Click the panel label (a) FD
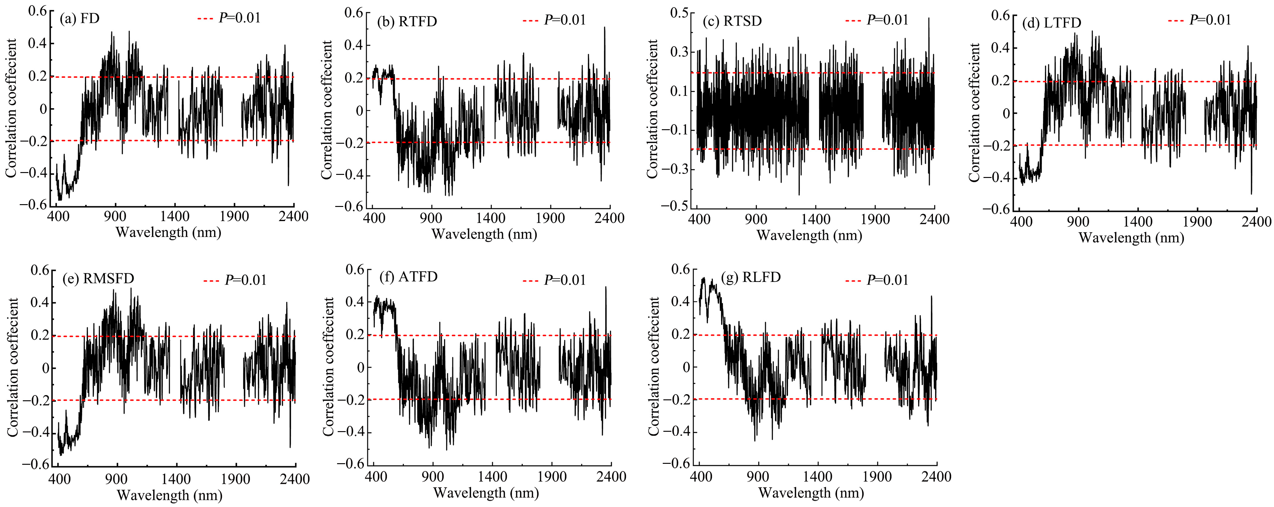(80, 19)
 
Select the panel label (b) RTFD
(407, 21)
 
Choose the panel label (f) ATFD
(409, 277)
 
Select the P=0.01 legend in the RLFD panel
(877, 280)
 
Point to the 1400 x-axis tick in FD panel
(175, 216)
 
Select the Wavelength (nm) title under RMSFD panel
(170, 495)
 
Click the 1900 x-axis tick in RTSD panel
(875, 219)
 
